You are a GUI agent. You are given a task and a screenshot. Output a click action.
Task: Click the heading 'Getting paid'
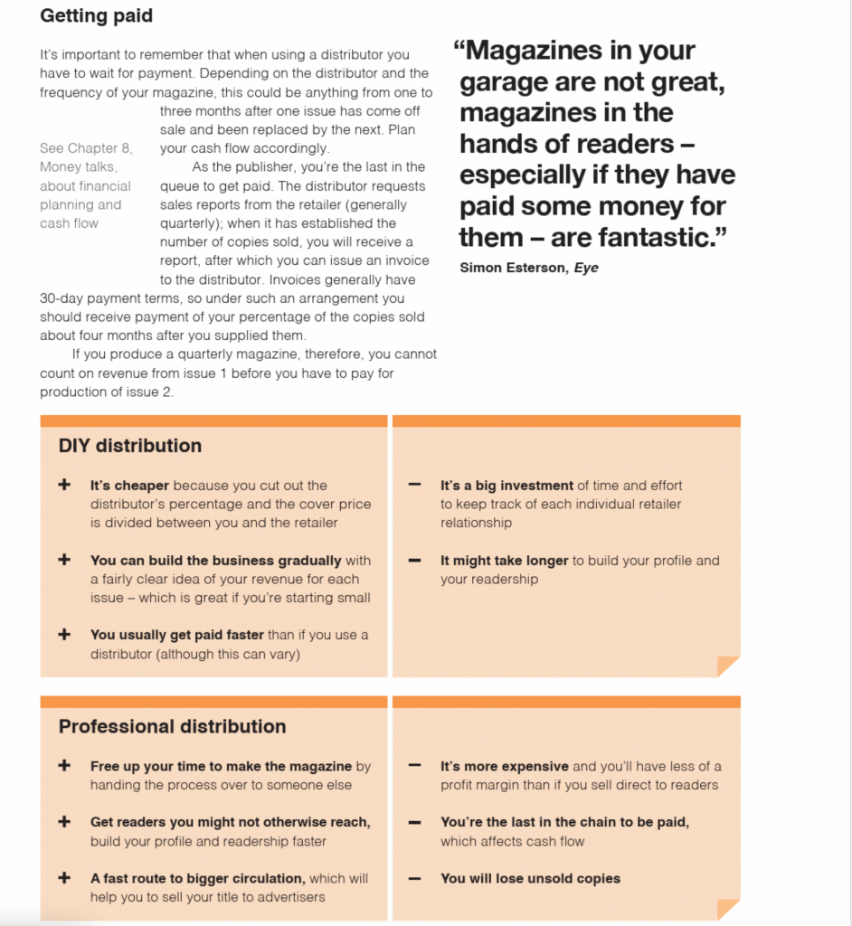pyautogui.click(x=96, y=16)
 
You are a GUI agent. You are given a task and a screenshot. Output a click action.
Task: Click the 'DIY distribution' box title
pyautogui.click(x=129, y=446)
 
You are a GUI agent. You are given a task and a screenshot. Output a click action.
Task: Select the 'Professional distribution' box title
pyautogui.click(x=172, y=727)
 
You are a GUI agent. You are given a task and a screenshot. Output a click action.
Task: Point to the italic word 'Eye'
pyautogui.click(x=585, y=268)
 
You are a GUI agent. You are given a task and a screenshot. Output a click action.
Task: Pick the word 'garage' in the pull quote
pyautogui.click(x=506, y=82)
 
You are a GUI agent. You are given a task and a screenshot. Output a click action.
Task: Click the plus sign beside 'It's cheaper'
pyautogui.click(x=64, y=486)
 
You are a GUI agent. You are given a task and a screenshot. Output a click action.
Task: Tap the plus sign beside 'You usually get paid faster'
pyautogui.click(x=64, y=635)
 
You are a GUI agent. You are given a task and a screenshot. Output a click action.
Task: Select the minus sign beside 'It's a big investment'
pyautogui.click(x=414, y=486)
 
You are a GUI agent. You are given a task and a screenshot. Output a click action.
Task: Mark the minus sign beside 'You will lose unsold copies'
pyautogui.click(x=414, y=878)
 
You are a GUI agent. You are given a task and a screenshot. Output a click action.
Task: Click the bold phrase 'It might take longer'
pyautogui.click(x=504, y=561)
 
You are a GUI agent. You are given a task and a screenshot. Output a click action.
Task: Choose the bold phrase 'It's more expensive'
pyautogui.click(x=504, y=766)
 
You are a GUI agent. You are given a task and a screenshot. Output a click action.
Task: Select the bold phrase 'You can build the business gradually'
pyautogui.click(x=215, y=561)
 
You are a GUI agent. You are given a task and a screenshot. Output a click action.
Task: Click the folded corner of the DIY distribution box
pyautogui.click(x=727, y=666)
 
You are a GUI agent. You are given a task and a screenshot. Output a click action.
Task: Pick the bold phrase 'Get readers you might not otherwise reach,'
pyautogui.click(x=230, y=822)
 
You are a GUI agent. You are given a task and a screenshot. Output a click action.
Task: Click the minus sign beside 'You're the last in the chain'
pyautogui.click(x=414, y=822)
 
